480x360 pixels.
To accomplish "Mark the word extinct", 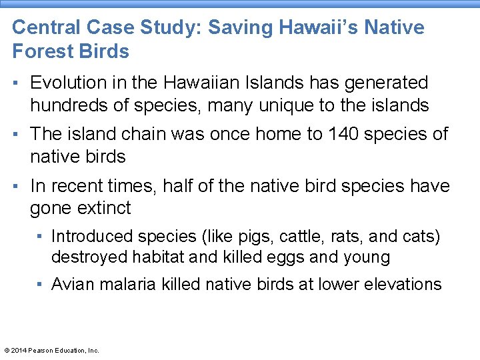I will pos(105,209).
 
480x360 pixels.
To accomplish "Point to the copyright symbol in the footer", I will pos(7,350).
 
